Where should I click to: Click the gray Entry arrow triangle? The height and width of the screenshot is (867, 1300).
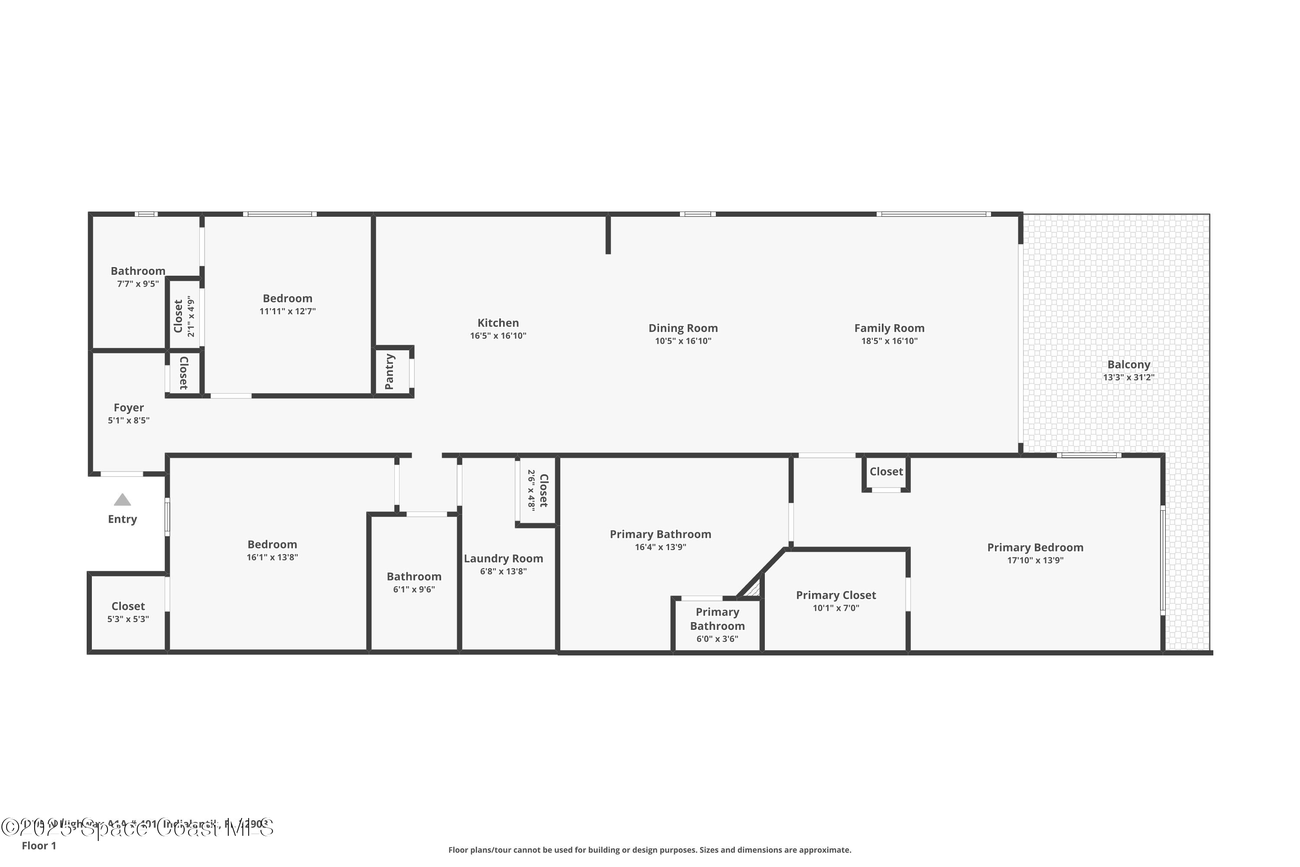tap(122, 500)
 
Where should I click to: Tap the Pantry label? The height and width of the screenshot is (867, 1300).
tap(389, 372)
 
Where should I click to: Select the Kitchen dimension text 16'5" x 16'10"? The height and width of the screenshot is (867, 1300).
tap(498, 336)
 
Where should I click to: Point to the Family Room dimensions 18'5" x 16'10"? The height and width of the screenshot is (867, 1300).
tap(889, 341)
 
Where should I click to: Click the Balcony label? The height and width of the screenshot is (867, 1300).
tap(1129, 365)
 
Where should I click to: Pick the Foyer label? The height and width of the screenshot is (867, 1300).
tap(129, 407)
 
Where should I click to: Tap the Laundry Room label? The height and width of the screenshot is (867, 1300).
tap(503, 558)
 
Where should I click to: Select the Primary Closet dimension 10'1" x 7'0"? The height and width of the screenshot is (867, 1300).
tap(836, 608)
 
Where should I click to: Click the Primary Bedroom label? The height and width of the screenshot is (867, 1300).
tap(1035, 548)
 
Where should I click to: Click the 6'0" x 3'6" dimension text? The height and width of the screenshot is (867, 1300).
tap(717, 639)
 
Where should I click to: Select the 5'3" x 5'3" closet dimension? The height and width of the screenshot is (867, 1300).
tap(128, 619)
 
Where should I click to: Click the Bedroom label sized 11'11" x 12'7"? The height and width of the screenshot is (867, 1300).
tap(287, 298)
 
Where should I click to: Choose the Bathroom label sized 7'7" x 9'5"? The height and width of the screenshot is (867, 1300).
tap(138, 271)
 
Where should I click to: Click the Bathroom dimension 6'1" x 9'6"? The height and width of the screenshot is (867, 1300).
tap(413, 590)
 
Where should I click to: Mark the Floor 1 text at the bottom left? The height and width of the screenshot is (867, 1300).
tap(39, 845)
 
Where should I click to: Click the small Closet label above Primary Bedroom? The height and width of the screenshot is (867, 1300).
tap(886, 472)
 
